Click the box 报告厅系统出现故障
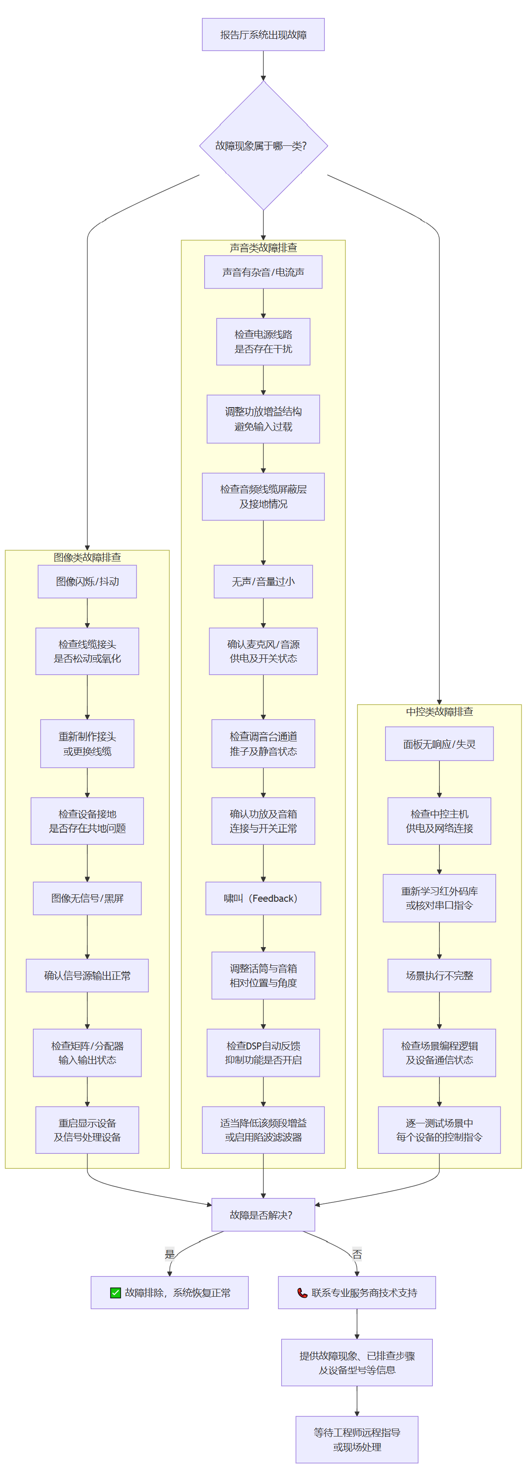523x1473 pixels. (263, 34)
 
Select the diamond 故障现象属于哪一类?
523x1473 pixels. (264, 146)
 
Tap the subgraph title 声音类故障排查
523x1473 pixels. (264, 248)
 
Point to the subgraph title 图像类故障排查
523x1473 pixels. (87, 557)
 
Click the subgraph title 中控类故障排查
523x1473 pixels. (439, 711)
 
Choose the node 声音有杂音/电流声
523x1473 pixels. (264, 272)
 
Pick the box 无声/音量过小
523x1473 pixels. (264, 582)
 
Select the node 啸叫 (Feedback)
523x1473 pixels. (264, 898)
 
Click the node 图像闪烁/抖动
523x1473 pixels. (87, 582)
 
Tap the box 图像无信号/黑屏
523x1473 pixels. (87, 898)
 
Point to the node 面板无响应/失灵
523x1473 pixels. (439, 744)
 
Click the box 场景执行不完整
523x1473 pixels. (439, 976)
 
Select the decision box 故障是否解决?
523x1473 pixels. (264, 1215)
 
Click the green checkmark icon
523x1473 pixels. (115, 1293)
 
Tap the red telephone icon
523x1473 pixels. (302, 1293)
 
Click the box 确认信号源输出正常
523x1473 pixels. (87, 976)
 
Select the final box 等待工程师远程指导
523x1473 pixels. (357, 1440)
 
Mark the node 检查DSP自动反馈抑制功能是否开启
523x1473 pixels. (264, 1053)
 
